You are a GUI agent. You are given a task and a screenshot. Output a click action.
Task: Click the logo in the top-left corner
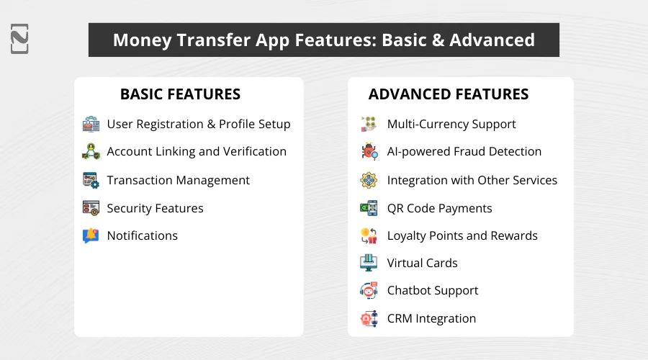[x=20, y=39]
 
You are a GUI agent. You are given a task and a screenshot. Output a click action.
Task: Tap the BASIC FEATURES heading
[x=180, y=94]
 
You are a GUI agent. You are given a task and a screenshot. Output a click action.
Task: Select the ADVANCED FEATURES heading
[x=449, y=94]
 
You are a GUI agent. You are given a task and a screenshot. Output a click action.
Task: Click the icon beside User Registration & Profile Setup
[x=91, y=124]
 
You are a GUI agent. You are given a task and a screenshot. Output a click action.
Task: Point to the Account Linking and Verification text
[x=197, y=151]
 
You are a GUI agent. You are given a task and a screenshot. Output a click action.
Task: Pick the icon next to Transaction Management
[x=91, y=180]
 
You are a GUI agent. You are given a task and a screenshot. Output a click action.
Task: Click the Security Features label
[x=155, y=208]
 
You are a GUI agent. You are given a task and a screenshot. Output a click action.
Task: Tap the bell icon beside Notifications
[x=91, y=235]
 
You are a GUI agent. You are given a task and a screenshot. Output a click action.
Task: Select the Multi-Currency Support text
[x=451, y=124]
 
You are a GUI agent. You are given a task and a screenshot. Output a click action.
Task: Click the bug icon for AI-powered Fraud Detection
[x=369, y=152]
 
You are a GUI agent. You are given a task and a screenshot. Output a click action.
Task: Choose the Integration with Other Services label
[x=472, y=180]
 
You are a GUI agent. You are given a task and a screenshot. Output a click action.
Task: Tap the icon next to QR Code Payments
[x=369, y=208]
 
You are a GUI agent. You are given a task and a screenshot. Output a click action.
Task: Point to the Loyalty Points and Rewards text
[x=462, y=235]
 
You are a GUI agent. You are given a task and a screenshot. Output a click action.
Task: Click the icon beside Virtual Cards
[x=369, y=263]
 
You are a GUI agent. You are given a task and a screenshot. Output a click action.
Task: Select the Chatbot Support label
[x=433, y=290]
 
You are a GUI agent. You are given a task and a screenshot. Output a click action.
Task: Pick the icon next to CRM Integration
[x=369, y=318]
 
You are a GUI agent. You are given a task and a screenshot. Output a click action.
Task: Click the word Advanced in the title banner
[x=492, y=40]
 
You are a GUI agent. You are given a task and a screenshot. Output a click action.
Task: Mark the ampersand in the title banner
[x=436, y=40]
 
